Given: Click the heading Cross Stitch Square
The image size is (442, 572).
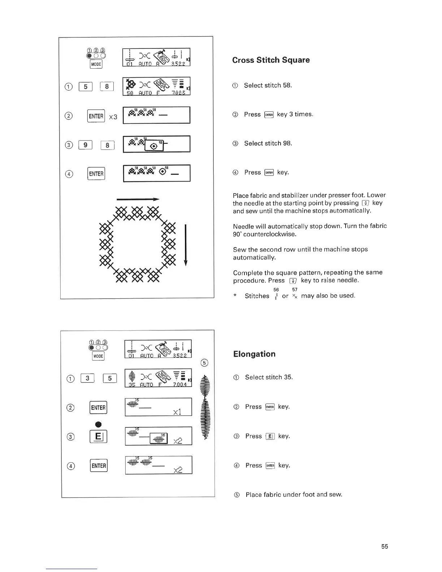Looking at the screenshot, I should coord(271,60).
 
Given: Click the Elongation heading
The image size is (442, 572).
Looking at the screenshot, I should coord(254,354).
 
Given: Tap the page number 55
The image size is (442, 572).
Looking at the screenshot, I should coord(385,546).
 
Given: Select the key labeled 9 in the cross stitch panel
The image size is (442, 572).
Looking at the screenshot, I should coord(86,145).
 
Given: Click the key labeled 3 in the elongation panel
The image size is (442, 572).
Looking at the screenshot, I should coord(87,378).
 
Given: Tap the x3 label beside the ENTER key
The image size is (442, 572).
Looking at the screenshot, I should coord(113,117).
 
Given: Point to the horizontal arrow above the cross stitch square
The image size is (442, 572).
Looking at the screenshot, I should coord(138,199).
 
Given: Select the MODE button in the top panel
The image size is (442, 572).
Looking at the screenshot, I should coord(96,64).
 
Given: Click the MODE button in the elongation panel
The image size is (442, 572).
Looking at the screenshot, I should coord(98,356).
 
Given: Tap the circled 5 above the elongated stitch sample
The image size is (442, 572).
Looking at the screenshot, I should coord(204,363).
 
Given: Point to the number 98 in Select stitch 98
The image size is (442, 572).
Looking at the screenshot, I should coord(287,143).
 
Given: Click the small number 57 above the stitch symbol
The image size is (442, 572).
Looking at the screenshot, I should coord(295,290).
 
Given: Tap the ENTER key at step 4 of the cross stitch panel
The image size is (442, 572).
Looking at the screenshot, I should coord(96,174).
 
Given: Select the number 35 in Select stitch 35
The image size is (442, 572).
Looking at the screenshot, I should coord(288,377).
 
